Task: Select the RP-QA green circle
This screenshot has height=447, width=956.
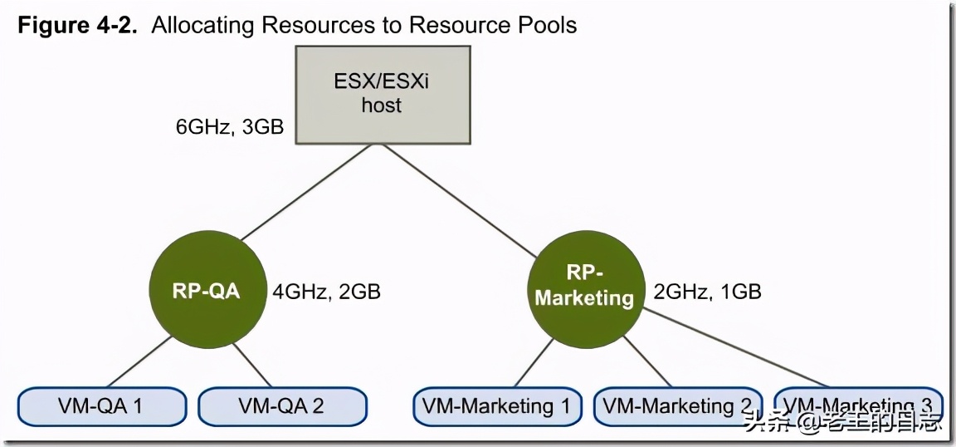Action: [207, 291]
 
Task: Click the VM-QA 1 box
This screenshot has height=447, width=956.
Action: [101, 406]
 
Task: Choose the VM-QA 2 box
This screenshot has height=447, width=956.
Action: [281, 406]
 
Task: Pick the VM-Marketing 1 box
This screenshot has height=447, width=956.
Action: [497, 406]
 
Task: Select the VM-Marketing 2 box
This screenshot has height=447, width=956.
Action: [677, 406]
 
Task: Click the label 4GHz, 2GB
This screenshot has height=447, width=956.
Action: [326, 292]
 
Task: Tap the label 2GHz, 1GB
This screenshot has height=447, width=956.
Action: [707, 292]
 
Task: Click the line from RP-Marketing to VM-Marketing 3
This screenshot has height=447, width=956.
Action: [739, 349]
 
